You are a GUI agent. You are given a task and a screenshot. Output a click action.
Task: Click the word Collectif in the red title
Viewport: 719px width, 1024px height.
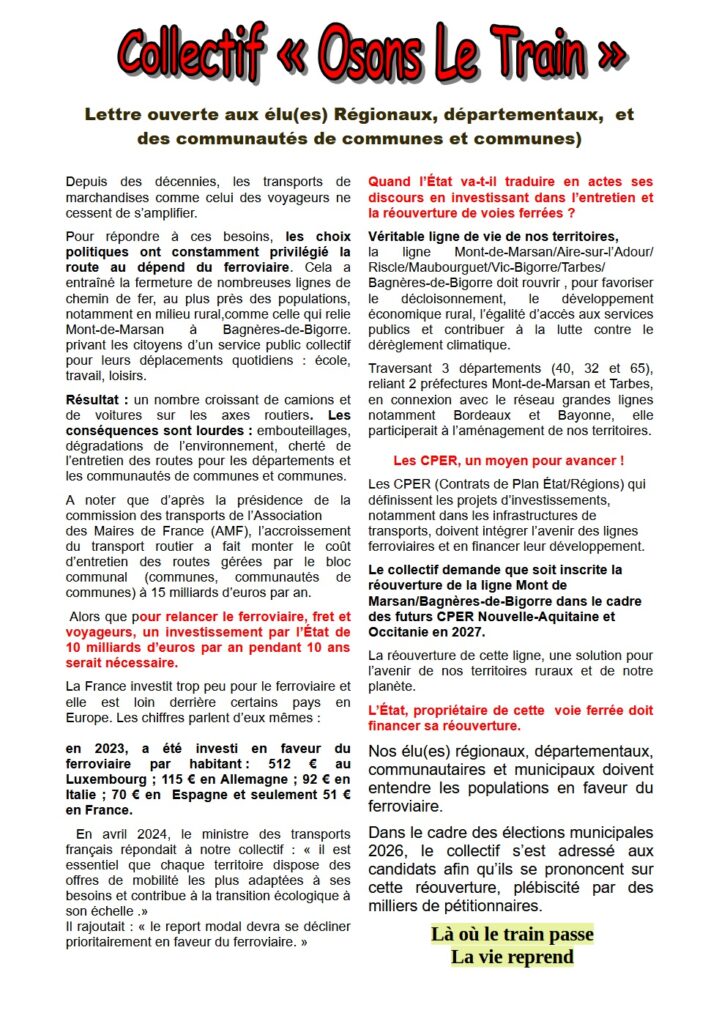coord(189,53)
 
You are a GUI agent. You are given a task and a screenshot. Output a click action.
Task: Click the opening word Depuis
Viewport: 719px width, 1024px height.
coord(89,182)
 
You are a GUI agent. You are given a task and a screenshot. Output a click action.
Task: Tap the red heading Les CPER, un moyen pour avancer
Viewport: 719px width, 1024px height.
coord(508,461)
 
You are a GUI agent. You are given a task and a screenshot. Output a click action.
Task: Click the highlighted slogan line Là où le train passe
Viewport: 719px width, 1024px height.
coord(512,934)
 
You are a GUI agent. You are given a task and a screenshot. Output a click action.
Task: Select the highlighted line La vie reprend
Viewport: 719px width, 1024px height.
coord(512,957)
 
